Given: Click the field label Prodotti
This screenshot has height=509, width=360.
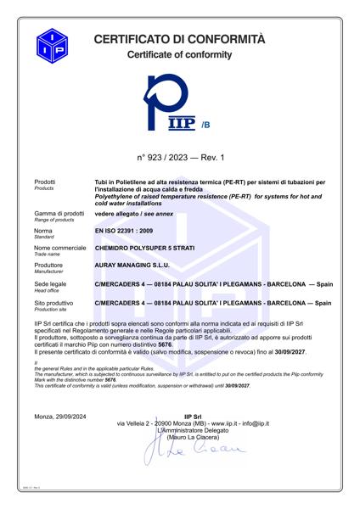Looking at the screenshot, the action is (x=45, y=182).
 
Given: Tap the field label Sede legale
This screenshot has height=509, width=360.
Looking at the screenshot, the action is (x=50, y=282).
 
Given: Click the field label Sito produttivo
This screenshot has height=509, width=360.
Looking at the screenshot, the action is (x=56, y=300).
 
